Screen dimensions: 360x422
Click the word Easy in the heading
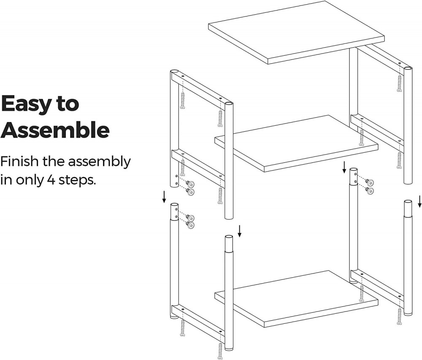tap(25, 103)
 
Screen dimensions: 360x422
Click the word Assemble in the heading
tap(55, 130)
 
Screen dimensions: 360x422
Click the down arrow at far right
tap(419, 201)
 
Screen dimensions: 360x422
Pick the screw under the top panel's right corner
tap(399, 82)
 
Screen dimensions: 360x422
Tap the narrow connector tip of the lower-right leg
tap(407, 208)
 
